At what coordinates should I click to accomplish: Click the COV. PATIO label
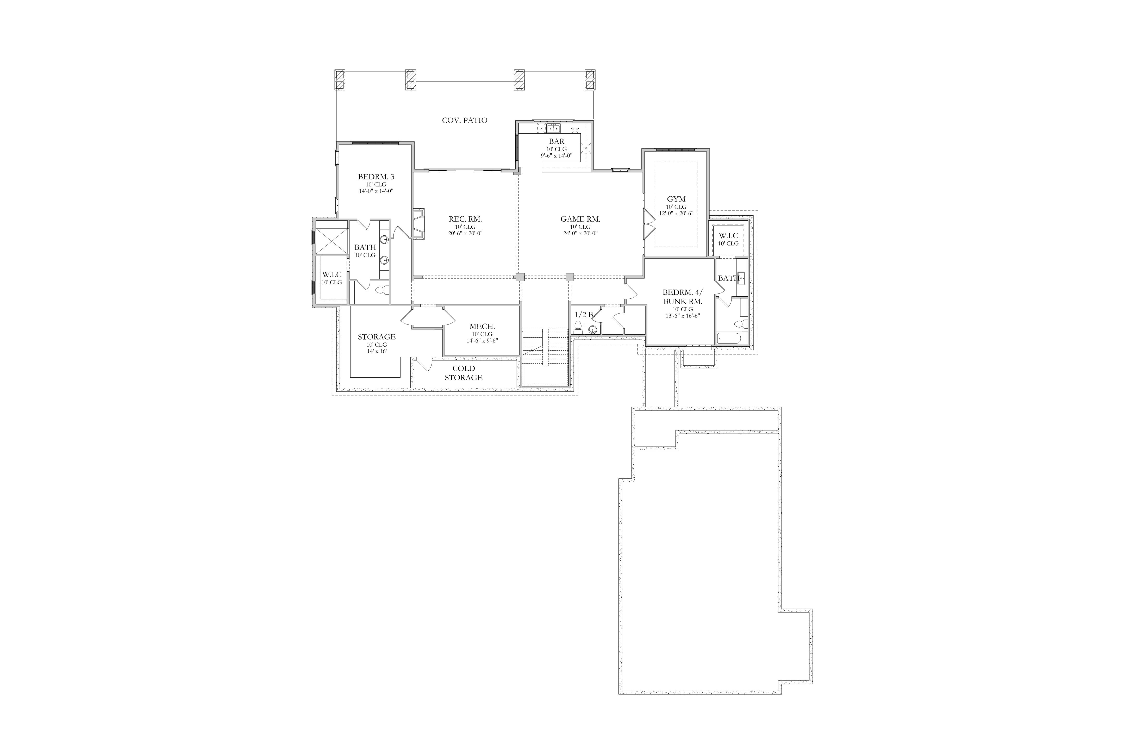pyautogui.click(x=464, y=121)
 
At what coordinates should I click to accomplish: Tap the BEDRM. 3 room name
pyautogui.click(x=376, y=177)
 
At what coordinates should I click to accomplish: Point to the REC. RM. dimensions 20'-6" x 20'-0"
pyautogui.click(x=465, y=233)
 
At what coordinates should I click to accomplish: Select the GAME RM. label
pyautogui.click(x=580, y=219)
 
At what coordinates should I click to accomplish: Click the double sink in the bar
pyautogui.click(x=553, y=128)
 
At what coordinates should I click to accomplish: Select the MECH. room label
pyautogui.click(x=482, y=327)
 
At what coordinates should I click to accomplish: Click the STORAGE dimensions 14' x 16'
pyautogui.click(x=377, y=351)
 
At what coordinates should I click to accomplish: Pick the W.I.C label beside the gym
pyautogui.click(x=728, y=236)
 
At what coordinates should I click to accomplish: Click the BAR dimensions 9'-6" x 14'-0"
pyautogui.click(x=556, y=155)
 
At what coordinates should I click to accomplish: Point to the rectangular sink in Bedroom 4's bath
pyautogui.click(x=741, y=278)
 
